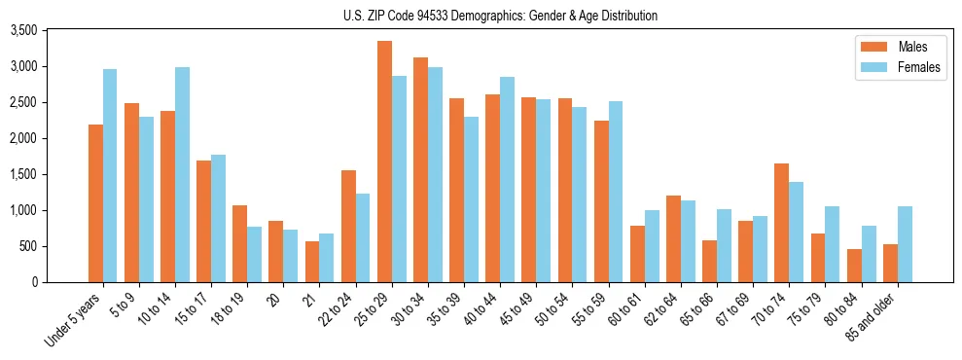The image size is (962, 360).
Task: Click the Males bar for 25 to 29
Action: point(385,162)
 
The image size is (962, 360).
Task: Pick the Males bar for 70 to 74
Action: point(782,223)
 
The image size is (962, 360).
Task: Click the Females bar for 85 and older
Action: point(905,244)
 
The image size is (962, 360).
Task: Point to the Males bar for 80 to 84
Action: point(854,266)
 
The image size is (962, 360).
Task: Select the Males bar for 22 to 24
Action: point(348,227)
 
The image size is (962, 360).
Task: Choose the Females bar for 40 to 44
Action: point(507,180)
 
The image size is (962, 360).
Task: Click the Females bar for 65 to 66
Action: point(724,246)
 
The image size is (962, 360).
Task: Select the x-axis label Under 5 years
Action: point(75,320)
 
